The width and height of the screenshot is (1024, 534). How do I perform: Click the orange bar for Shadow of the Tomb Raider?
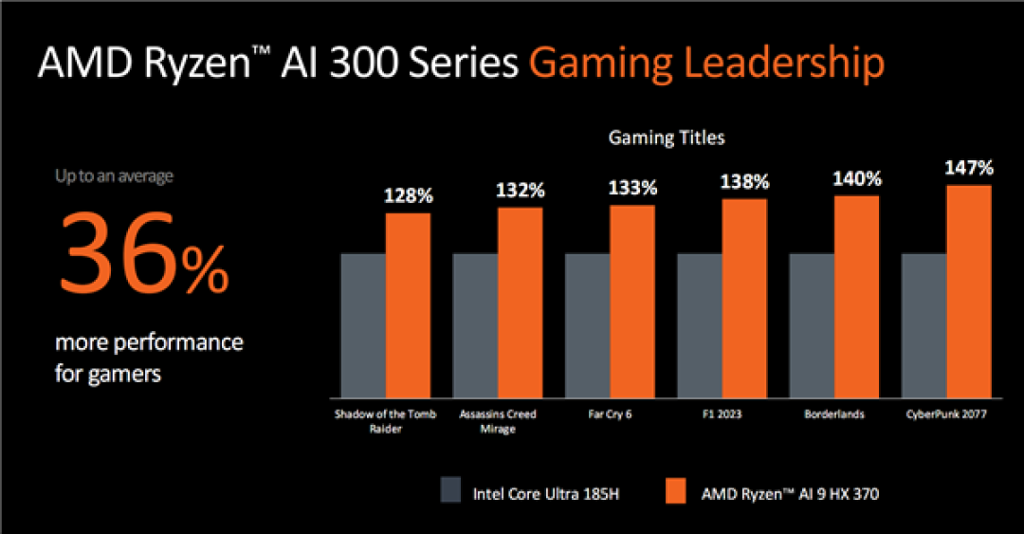click(x=408, y=305)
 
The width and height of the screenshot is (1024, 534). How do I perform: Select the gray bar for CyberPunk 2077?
click(x=923, y=325)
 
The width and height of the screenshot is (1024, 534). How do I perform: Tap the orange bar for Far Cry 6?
click(x=631, y=302)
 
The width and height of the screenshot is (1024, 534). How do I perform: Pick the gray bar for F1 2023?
click(x=699, y=325)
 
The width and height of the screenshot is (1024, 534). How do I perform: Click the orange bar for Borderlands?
click(x=856, y=297)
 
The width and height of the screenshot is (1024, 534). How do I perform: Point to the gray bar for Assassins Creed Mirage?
click(x=475, y=325)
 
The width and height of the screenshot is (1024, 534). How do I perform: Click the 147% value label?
click(x=969, y=169)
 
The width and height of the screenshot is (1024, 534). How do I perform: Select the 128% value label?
click(x=408, y=196)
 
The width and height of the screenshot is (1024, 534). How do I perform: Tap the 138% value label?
click(x=744, y=182)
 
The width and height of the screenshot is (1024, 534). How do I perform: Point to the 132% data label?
click(x=520, y=191)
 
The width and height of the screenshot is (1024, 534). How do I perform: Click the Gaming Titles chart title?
click(x=666, y=138)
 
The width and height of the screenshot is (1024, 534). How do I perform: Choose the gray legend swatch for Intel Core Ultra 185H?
click(x=451, y=491)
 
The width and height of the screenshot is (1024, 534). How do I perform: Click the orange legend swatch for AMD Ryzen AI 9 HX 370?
click(x=674, y=491)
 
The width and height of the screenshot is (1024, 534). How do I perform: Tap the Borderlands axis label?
click(x=833, y=414)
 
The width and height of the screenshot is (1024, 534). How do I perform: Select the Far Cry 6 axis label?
click(x=610, y=414)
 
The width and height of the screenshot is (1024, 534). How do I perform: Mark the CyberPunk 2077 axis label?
click(x=946, y=414)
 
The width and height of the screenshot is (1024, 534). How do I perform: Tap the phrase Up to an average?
click(x=114, y=175)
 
